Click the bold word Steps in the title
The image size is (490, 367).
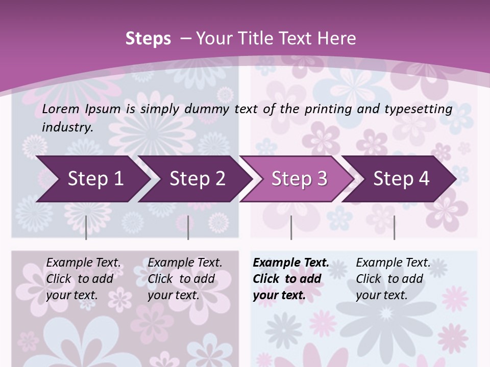(148, 39)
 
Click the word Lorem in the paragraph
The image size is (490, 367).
(61, 109)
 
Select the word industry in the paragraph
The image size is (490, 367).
(67, 127)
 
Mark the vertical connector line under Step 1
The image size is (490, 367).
(86, 227)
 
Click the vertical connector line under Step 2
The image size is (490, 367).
(188, 227)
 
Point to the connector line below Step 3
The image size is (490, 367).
(291, 227)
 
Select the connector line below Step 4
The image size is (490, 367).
(394, 227)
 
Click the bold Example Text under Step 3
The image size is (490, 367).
(291, 263)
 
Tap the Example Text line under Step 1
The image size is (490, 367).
(84, 263)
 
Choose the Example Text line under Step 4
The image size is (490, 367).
(393, 263)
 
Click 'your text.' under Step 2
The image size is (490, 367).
(173, 295)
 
